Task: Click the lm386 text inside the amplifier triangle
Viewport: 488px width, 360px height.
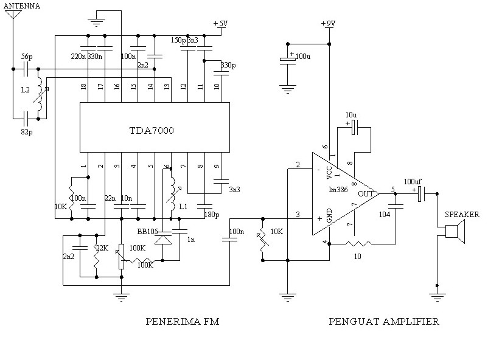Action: click(x=338, y=190)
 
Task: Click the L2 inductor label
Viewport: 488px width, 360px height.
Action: click(x=25, y=90)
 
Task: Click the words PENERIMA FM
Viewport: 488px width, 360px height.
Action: click(x=183, y=322)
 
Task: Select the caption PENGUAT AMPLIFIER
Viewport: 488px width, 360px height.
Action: click(x=384, y=322)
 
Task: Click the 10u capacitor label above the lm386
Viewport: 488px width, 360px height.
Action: click(x=351, y=114)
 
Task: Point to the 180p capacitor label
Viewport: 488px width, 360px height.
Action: click(x=211, y=215)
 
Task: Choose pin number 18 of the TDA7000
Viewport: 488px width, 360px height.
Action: click(x=84, y=87)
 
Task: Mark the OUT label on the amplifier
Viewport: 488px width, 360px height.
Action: click(x=366, y=193)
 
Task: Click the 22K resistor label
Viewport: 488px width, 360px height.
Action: click(x=101, y=248)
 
